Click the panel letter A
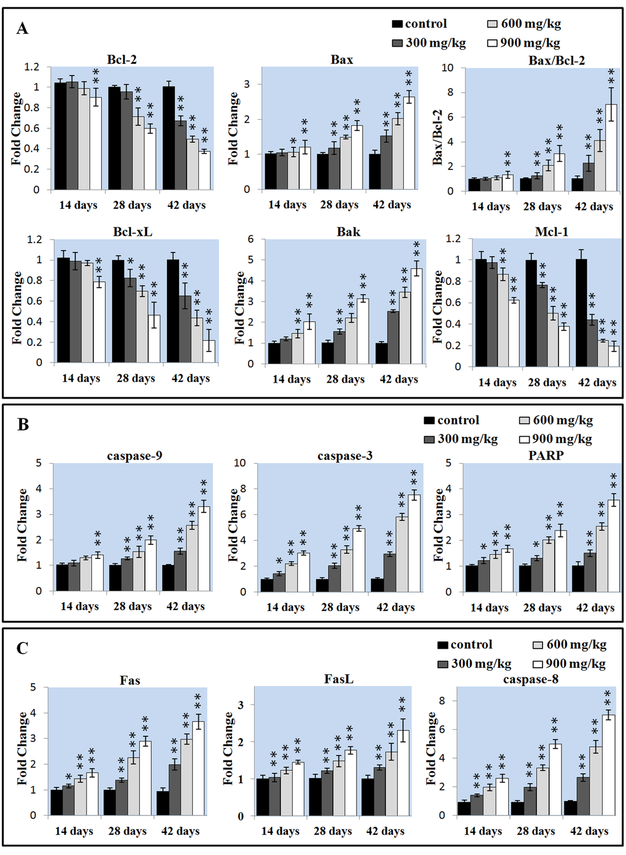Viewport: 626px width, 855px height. pyautogui.click(x=22, y=29)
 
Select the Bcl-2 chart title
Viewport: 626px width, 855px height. pyautogui.click(x=122, y=60)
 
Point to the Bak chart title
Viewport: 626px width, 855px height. pyautogui.click(x=348, y=232)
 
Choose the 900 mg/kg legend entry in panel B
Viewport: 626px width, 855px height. pyautogui.click(x=556, y=439)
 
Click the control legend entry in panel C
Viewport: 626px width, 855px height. pyautogui.click(x=465, y=644)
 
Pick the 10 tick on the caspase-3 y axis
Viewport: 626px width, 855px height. pyautogui.click(x=240, y=463)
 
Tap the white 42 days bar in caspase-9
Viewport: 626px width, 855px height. pyautogui.click(x=204, y=549)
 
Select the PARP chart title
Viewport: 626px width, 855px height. pyautogui.click(x=546, y=456)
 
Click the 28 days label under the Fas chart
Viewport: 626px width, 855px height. pyautogui.click(x=127, y=831)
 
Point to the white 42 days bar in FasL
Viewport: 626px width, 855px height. pyautogui.click(x=403, y=773)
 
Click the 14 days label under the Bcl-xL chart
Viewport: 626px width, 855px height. pyautogui.click(x=80, y=378)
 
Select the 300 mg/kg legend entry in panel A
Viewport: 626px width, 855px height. pyautogui.click(x=429, y=43)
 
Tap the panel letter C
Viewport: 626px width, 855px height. pyautogui.click(x=22, y=649)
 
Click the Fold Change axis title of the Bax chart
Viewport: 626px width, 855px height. pyautogui.click(x=233, y=128)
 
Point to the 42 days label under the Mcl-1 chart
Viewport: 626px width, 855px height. pyautogui.click(x=597, y=383)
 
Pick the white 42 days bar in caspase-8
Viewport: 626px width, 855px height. pyautogui.click(x=608, y=765)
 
